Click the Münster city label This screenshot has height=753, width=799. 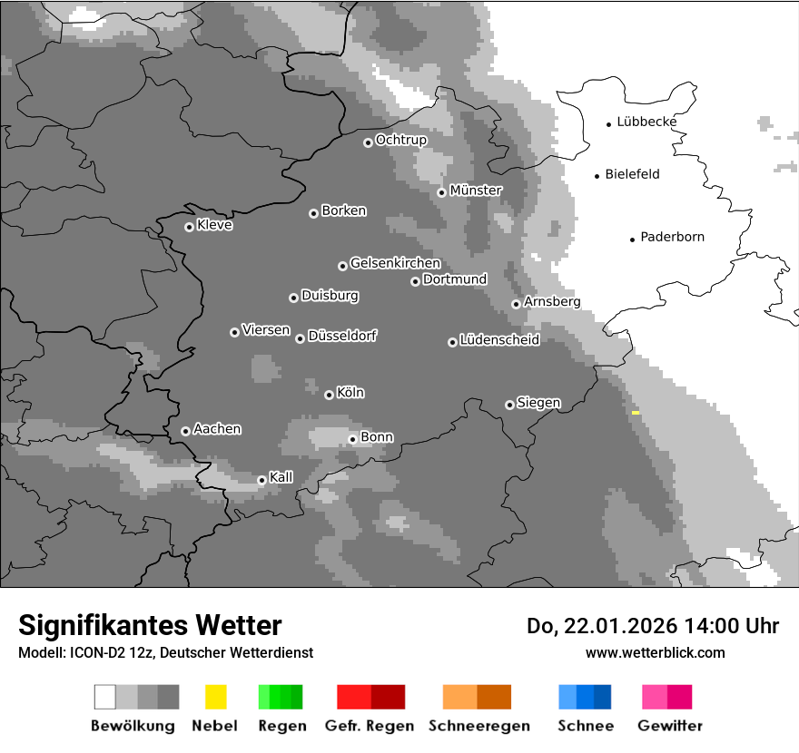pos(476,191)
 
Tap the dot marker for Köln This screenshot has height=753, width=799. pos(329,395)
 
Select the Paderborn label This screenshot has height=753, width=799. pos(672,238)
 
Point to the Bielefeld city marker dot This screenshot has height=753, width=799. pos(597,176)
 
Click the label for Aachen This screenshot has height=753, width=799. pos(217,429)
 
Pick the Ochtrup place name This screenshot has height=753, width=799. pos(401,141)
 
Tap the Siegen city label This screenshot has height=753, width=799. pos(538,403)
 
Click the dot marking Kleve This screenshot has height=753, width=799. pos(189,227)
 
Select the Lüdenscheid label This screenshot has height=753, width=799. pos(499,340)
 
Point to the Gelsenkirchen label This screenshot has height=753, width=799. pos(395,264)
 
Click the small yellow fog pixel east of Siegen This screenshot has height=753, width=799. pos(636,413)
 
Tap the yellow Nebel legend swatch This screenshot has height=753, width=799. pos(215,697)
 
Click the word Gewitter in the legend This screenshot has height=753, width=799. pos(670,726)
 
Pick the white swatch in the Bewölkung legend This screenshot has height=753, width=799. pos(105,697)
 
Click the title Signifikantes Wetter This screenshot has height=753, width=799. pos(150,626)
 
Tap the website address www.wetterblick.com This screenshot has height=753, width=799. pos(655,653)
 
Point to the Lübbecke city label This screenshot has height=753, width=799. pos(646,122)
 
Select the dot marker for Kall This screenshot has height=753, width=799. pos(261,480)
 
